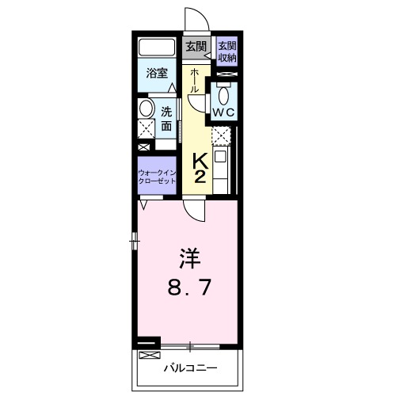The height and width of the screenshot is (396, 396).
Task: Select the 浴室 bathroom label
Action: click(x=157, y=74)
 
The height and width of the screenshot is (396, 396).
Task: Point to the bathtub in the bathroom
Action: click(x=158, y=47)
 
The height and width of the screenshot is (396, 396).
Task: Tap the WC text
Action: click(x=223, y=114)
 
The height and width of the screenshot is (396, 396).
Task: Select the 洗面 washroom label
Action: click(x=168, y=118)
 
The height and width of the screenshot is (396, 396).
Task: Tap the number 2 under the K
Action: click(x=200, y=176)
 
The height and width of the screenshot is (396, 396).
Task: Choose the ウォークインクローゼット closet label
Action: click(x=157, y=176)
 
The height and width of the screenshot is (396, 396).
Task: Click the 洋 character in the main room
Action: click(x=188, y=257)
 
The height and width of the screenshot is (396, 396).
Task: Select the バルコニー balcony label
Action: click(x=188, y=368)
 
